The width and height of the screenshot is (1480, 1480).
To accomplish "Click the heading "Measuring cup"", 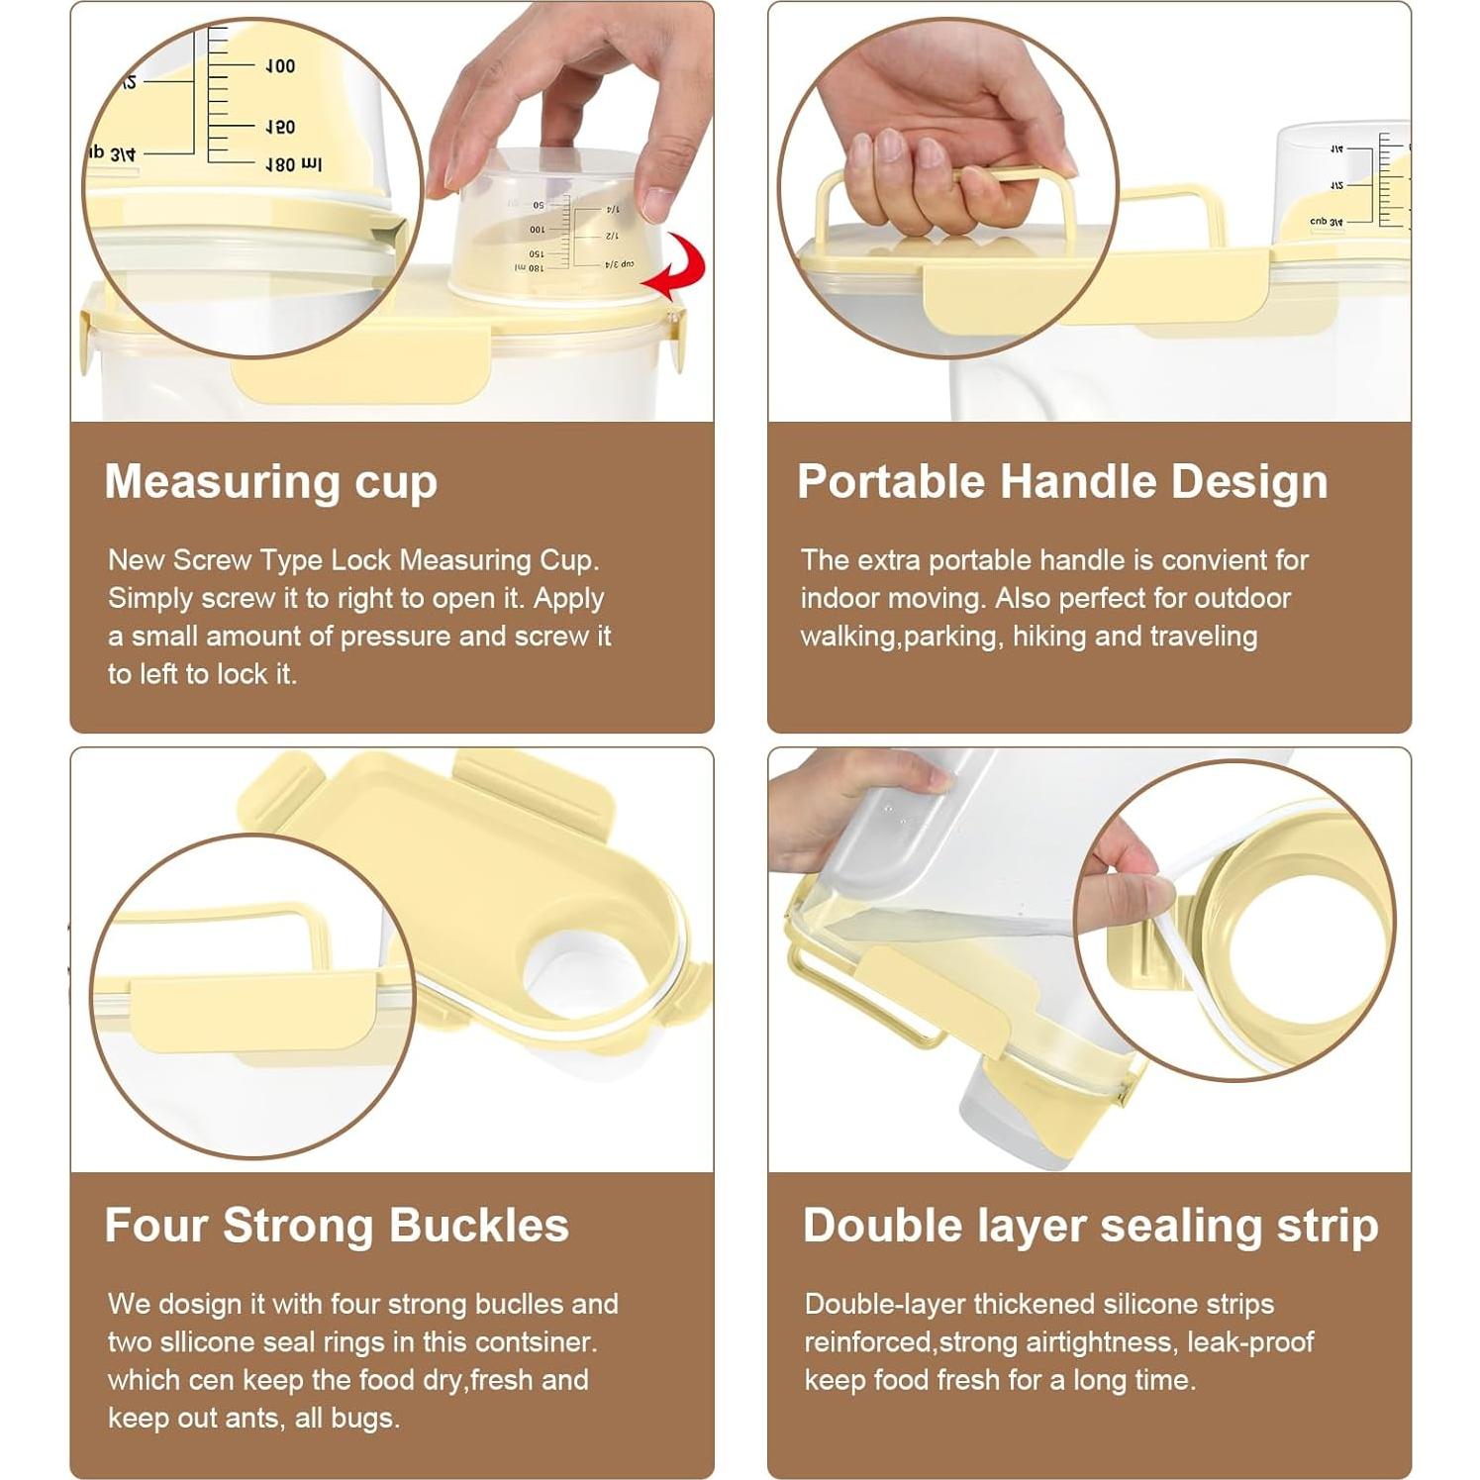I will [270, 482].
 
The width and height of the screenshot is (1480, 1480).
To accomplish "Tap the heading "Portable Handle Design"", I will [1062, 482].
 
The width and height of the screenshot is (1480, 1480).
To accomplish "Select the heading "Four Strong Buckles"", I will [337, 1226].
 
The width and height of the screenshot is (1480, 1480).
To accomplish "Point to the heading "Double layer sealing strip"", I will [1090, 1226].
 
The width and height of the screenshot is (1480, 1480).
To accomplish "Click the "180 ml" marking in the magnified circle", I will [293, 165].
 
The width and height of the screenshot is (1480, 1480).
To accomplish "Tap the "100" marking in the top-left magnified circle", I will [280, 66].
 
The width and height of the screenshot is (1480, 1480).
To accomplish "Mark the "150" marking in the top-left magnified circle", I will [280, 128].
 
